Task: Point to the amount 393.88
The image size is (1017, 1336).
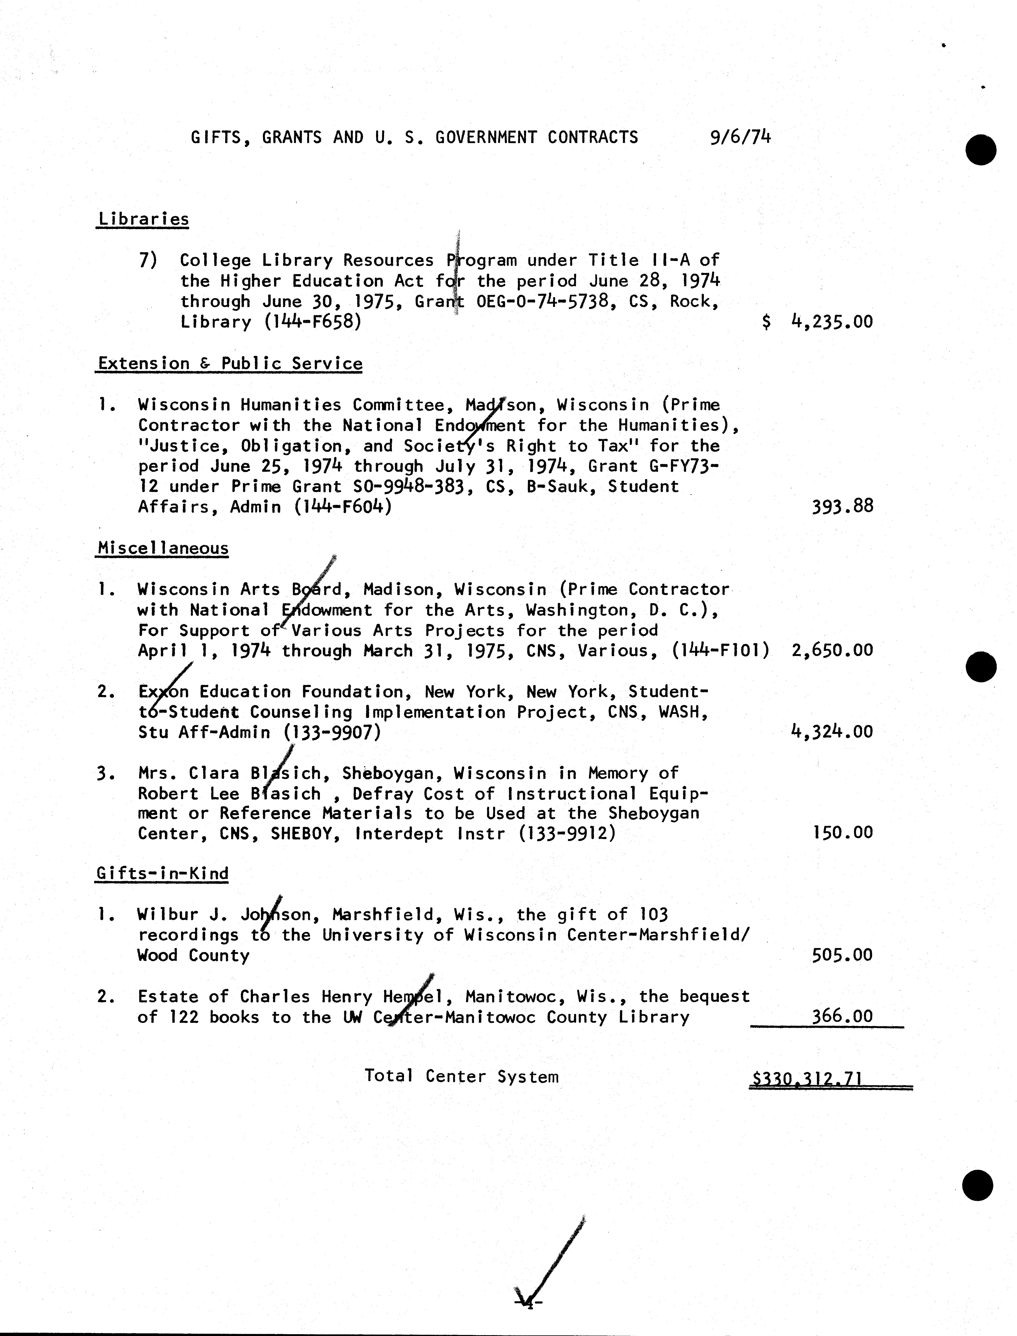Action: [x=843, y=506]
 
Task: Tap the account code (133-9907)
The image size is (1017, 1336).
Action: [x=332, y=732]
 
